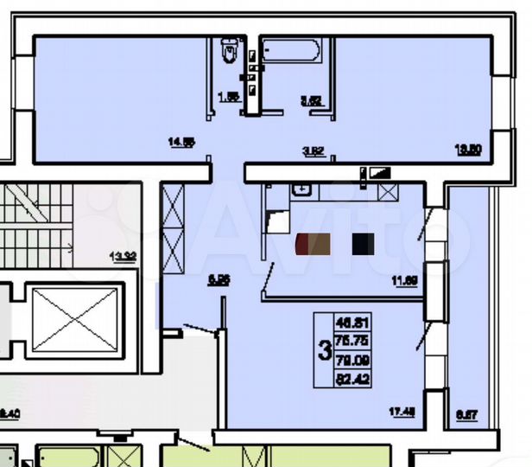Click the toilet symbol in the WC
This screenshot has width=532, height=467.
(x=229, y=51)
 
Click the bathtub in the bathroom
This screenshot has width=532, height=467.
(x=290, y=50)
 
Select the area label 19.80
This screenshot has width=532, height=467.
(x=466, y=148)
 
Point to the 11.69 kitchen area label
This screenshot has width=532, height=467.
(x=404, y=279)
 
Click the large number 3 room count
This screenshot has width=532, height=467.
(x=325, y=351)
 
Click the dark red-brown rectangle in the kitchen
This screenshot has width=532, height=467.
(x=313, y=245)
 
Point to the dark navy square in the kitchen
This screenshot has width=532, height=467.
(x=363, y=245)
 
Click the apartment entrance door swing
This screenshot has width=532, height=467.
(x=203, y=328)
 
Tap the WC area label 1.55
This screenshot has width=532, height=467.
(x=228, y=99)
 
